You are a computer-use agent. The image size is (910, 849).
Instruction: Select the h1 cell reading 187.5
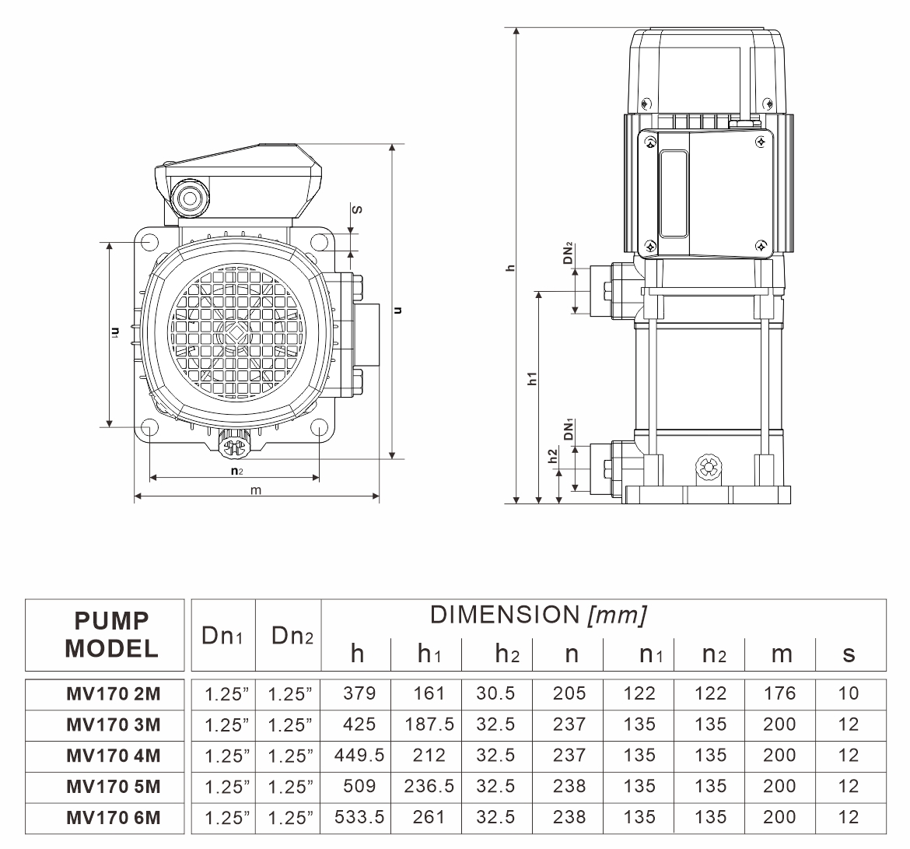(429, 724)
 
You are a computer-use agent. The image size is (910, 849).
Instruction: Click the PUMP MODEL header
(111, 634)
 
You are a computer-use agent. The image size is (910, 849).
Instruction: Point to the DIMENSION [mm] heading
(538, 615)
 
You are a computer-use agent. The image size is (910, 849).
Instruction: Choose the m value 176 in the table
(780, 693)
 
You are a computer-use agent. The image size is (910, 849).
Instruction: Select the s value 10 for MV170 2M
(849, 693)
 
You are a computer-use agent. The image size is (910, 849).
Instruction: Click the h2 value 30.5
(496, 693)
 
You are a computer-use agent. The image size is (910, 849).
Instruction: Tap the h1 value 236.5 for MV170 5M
(429, 786)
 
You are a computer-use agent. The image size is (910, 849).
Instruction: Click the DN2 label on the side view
(569, 254)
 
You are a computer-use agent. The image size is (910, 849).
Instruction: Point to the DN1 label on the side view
(569, 430)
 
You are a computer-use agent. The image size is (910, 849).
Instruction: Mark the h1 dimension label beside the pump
(533, 379)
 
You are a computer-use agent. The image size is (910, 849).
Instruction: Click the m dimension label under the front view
(255, 489)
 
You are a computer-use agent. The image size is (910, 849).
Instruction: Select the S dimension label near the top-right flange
(356, 209)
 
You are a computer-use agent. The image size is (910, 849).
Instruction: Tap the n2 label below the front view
(236, 471)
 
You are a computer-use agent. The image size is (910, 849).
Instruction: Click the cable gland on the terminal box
(189, 198)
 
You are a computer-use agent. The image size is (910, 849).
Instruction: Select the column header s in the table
(849, 654)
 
